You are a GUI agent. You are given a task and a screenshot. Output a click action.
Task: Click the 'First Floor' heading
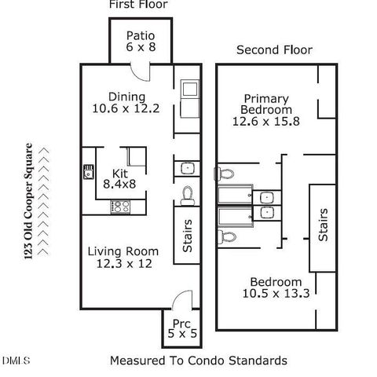(137, 5)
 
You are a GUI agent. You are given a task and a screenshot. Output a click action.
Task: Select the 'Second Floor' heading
(274, 50)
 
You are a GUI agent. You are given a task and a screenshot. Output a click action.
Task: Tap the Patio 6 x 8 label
(141, 42)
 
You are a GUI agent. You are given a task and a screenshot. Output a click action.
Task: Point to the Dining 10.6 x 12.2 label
(126, 103)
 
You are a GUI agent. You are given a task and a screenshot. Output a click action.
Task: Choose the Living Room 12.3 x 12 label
(123, 258)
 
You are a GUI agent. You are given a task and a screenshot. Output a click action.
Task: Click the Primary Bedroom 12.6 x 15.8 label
(262, 109)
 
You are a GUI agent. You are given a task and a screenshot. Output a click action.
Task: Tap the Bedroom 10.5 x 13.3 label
(276, 288)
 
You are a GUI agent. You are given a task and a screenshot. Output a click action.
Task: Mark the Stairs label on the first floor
(188, 235)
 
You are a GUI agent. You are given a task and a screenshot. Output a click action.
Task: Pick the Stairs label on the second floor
(323, 225)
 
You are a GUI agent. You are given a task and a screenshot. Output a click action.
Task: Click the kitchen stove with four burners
(121, 207)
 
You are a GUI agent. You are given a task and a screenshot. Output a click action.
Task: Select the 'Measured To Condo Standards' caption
(198, 361)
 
